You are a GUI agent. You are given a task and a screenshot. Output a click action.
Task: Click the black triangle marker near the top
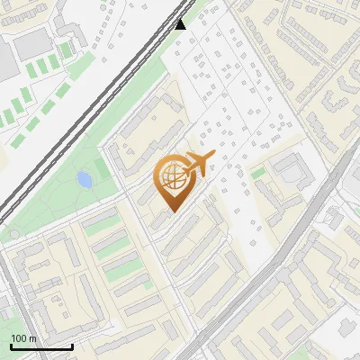pos(181,24)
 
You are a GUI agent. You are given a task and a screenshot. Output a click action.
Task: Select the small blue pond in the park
pos(84,180)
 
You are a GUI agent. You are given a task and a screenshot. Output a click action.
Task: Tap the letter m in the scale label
pos(33,338)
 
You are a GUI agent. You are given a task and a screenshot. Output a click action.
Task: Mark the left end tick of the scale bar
pos(11,346)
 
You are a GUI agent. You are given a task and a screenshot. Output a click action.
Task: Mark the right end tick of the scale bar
pos(72,346)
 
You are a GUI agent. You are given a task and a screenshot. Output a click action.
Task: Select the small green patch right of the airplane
pos(258,173)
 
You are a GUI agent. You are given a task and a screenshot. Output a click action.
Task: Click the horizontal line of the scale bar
pos(41,347)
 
